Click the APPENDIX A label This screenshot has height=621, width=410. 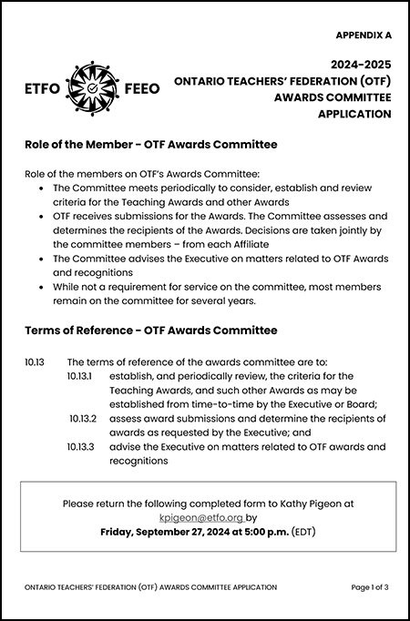[363, 36]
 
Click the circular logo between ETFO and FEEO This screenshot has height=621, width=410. [94, 88]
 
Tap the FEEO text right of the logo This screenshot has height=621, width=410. [139, 89]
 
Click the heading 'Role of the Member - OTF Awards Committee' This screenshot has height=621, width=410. [150, 145]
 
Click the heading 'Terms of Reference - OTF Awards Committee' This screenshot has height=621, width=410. [150, 331]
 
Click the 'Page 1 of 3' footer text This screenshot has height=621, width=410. [369, 588]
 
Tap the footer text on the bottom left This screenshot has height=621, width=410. [150, 588]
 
